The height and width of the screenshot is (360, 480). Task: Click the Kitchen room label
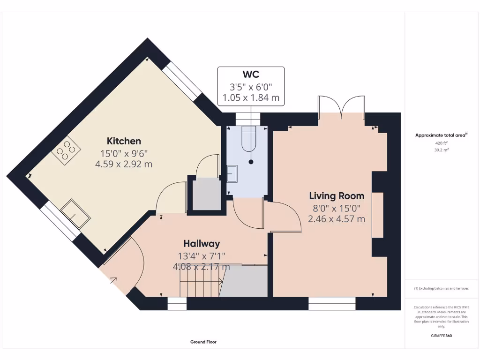pyautogui.click(x=124, y=141)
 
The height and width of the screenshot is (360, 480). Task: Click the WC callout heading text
pyautogui.click(x=251, y=75)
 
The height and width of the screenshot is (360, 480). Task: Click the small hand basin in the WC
pyautogui.click(x=232, y=173)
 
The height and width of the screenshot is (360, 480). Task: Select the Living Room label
pyautogui.click(x=337, y=196)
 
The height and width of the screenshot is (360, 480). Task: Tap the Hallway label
pyautogui.click(x=202, y=244)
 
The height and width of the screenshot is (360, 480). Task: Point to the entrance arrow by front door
pyautogui.click(x=113, y=281)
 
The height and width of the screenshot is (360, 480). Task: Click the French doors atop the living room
pyautogui.click(x=341, y=106)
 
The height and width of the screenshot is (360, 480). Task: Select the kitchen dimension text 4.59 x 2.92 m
pyautogui.click(x=124, y=164)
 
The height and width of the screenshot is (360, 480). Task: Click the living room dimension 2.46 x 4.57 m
pyautogui.click(x=337, y=219)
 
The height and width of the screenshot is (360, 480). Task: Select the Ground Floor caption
pyautogui.click(x=203, y=342)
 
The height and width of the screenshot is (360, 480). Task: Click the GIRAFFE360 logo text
pyautogui.click(x=442, y=336)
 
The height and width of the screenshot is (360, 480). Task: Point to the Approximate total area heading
pyautogui.click(x=441, y=135)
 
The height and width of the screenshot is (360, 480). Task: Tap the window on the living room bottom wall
pyautogui.click(x=332, y=303)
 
